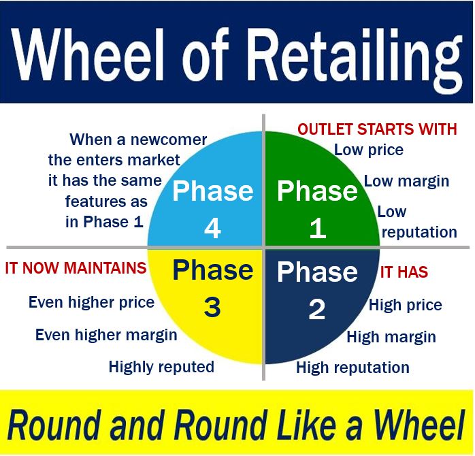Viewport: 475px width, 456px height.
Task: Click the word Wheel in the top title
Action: tap(88, 54)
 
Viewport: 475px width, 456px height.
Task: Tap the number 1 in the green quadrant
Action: tap(318, 228)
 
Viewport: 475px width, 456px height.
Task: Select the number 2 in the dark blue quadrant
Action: tap(317, 309)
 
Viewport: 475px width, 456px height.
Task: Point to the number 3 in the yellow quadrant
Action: tap(212, 307)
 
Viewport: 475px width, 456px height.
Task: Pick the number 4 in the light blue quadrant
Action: tap(212, 228)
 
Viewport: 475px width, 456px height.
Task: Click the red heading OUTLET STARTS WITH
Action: tap(377, 129)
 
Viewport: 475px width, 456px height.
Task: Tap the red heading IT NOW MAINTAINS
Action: tap(76, 268)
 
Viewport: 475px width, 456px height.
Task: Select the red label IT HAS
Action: tap(404, 272)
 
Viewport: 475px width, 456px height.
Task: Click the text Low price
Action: tap(369, 150)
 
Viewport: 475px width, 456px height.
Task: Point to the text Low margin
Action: tap(406, 182)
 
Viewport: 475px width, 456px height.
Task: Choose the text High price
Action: tap(406, 305)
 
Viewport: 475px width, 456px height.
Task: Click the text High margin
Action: tap(391, 337)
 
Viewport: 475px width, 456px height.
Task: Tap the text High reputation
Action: tap(353, 368)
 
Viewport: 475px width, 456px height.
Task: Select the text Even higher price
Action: tap(91, 302)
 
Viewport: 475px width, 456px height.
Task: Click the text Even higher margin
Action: tap(106, 335)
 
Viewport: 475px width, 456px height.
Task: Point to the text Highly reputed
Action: tap(161, 367)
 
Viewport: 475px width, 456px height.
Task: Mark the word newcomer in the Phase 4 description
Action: tap(169, 140)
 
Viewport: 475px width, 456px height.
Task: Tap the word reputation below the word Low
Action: tap(419, 233)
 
